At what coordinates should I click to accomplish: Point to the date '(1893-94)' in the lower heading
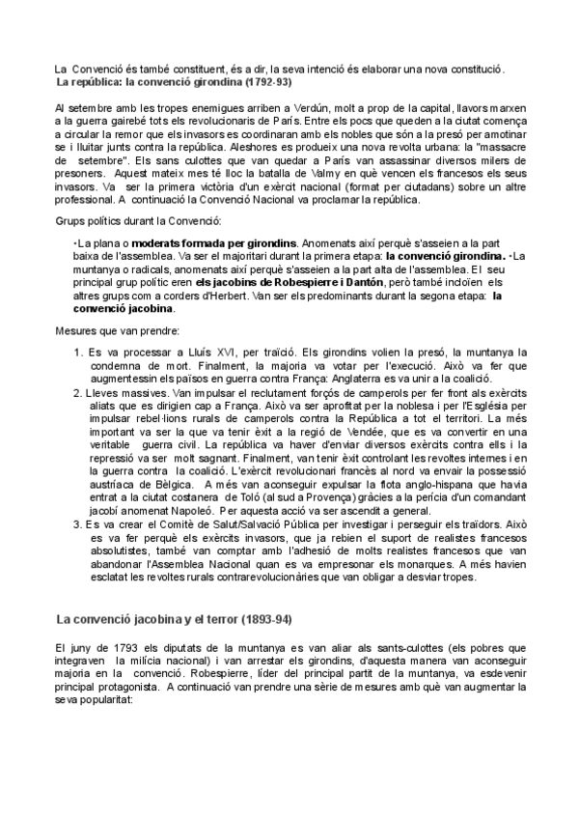tap(258, 618)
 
